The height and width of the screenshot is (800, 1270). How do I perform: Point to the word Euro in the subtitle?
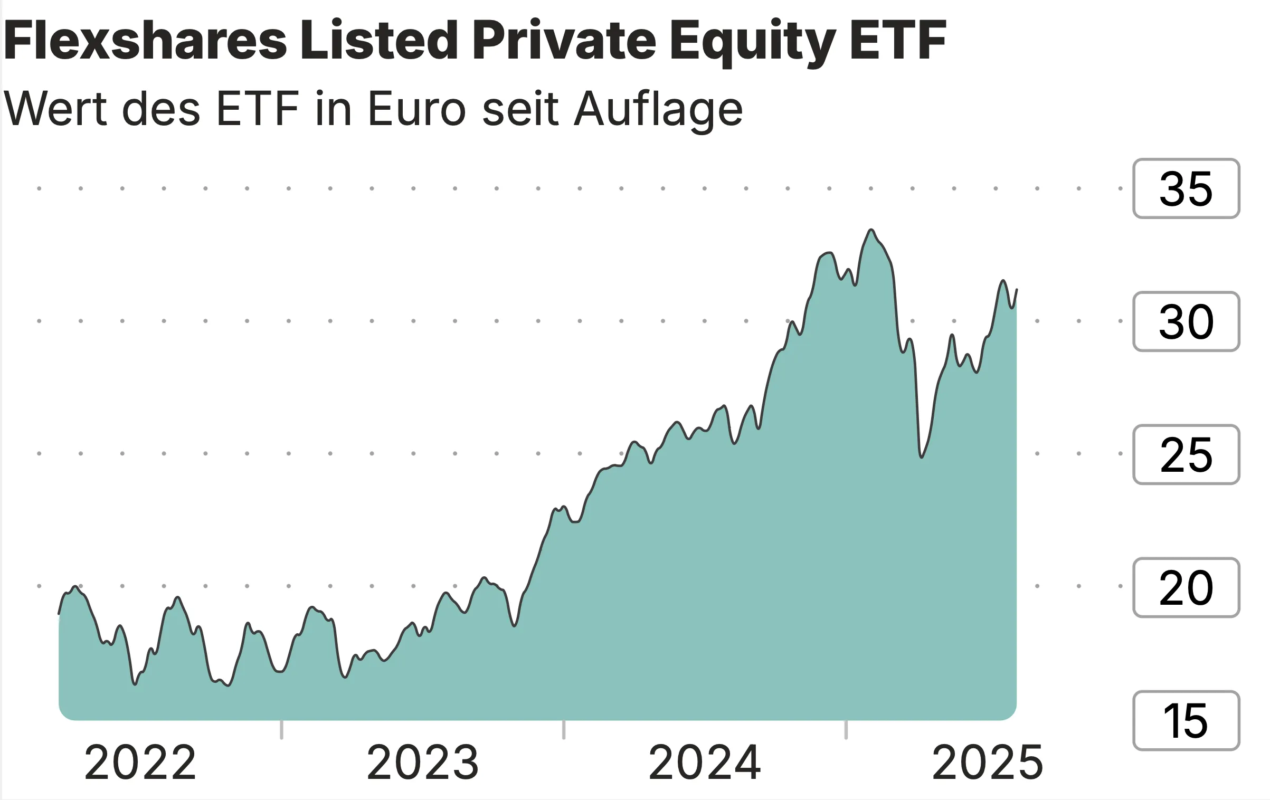[x=416, y=109]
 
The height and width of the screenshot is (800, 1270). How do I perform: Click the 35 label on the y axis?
[x=1186, y=188]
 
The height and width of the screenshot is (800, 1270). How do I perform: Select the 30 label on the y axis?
[x=1186, y=321]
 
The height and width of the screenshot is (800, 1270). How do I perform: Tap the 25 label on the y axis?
[x=1186, y=454]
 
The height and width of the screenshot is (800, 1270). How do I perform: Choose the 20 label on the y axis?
[x=1186, y=587]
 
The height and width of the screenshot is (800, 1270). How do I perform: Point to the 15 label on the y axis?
[x=1186, y=720]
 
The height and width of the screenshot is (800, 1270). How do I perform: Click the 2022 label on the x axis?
[x=140, y=763]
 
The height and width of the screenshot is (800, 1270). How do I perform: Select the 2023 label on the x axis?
[x=422, y=763]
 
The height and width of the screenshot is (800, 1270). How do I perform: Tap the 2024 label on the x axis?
[x=705, y=763]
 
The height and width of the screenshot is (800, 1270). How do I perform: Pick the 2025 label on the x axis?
[x=987, y=763]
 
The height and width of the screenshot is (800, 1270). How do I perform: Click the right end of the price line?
[x=1017, y=290]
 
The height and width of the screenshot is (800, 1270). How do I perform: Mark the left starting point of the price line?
[x=59, y=614]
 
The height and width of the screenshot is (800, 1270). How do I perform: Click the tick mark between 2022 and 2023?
[x=281, y=730]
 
